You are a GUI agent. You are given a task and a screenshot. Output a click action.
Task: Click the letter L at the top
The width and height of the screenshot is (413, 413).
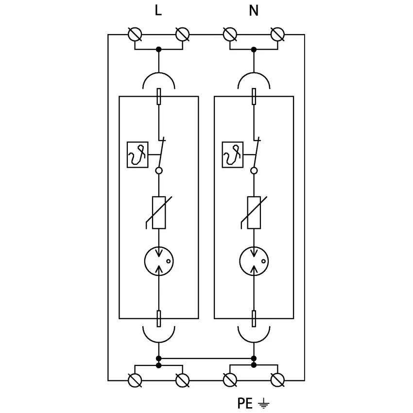[158, 11]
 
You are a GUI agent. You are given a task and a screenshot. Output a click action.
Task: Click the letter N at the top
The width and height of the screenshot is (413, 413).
[254, 11]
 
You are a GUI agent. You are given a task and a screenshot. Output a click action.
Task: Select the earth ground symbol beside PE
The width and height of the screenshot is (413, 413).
[263, 403]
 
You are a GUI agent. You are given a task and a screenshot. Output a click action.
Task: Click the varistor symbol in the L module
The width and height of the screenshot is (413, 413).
[159, 212]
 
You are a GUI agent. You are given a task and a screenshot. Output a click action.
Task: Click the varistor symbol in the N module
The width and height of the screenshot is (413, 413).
[254, 212]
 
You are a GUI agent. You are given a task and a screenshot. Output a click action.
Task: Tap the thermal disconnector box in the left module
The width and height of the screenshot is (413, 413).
[138, 155]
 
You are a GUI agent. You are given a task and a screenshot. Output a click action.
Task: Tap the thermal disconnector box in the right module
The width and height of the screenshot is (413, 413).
[232, 155]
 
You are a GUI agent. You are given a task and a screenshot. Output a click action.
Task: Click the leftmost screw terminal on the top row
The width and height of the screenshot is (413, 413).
[135, 34]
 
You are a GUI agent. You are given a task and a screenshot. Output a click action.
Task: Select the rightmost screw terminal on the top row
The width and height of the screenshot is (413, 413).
[277, 34]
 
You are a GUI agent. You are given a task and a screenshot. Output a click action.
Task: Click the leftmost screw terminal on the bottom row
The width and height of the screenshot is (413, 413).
[135, 380]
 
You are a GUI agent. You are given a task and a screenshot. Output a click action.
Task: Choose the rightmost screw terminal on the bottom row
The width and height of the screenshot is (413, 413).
[277, 380]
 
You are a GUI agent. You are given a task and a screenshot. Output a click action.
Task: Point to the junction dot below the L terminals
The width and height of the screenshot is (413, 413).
[158, 49]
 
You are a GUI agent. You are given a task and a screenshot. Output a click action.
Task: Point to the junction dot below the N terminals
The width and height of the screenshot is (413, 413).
[254, 49]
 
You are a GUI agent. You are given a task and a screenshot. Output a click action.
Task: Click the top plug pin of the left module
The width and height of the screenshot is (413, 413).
[159, 96]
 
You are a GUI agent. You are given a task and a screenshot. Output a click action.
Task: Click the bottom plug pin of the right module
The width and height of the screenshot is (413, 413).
[254, 319]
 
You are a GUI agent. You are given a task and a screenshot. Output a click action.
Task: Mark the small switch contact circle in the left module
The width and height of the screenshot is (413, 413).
[158, 171]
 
